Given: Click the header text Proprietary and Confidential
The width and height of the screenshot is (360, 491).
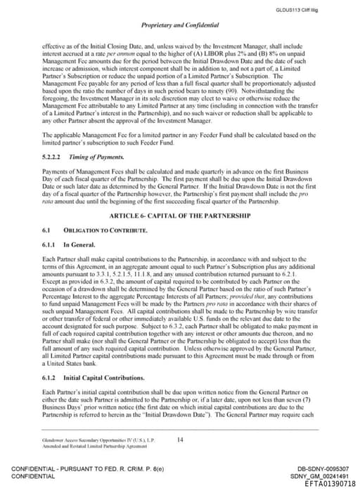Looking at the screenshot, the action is (x=180, y=25).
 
